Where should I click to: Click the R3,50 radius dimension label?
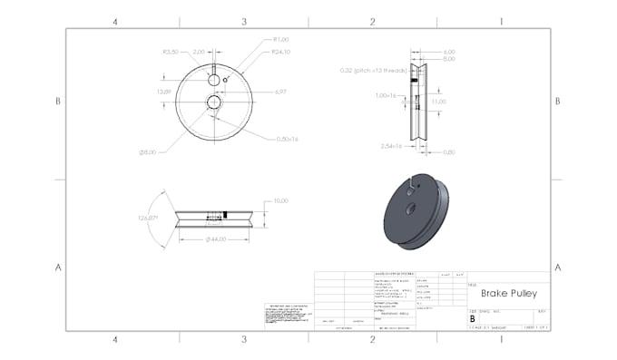(170, 53)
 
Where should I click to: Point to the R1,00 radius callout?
(280, 40)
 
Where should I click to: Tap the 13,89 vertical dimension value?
(164, 92)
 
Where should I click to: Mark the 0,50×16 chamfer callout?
(288, 138)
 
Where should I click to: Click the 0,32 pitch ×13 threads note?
(372, 70)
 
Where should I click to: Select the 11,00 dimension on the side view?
(439, 102)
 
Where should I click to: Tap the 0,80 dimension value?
(449, 152)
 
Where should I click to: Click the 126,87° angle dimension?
(149, 219)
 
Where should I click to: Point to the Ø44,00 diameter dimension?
(215, 238)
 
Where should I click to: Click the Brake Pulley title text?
(510, 294)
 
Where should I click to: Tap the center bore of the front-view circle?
(213, 102)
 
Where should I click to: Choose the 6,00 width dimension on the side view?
(449, 52)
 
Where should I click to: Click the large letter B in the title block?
(472, 319)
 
